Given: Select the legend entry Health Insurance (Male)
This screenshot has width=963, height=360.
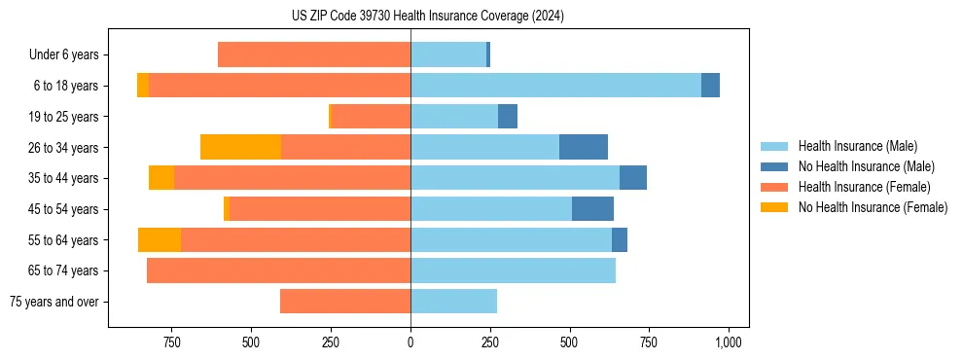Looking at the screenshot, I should click(x=857, y=146).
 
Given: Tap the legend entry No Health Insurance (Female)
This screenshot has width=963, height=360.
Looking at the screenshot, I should click(x=873, y=207).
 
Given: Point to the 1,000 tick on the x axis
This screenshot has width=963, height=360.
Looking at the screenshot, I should click(x=729, y=342).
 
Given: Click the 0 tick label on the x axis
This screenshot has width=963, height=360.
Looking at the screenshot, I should click(x=410, y=342).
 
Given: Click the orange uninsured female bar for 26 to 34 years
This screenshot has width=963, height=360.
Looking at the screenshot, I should click(x=240, y=147).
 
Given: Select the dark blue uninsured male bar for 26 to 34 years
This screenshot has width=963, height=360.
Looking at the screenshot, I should click(x=584, y=147).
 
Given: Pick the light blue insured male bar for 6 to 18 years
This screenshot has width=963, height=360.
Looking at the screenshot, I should click(x=555, y=86).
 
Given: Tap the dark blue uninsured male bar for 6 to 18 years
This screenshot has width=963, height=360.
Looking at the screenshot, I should click(x=710, y=86).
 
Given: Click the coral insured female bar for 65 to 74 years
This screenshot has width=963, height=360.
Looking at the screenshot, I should click(x=278, y=270).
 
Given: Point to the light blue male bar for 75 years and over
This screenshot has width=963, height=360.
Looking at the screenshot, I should click(x=453, y=302).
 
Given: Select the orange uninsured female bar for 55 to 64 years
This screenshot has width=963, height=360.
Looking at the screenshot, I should click(x=160, y=239).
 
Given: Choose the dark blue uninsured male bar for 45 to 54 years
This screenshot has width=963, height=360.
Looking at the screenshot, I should click(x=592, y=209).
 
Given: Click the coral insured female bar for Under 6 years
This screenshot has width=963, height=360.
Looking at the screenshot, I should click(x=314, y=54).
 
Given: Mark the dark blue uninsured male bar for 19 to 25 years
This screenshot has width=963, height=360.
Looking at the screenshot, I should click(x=508, y=117).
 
